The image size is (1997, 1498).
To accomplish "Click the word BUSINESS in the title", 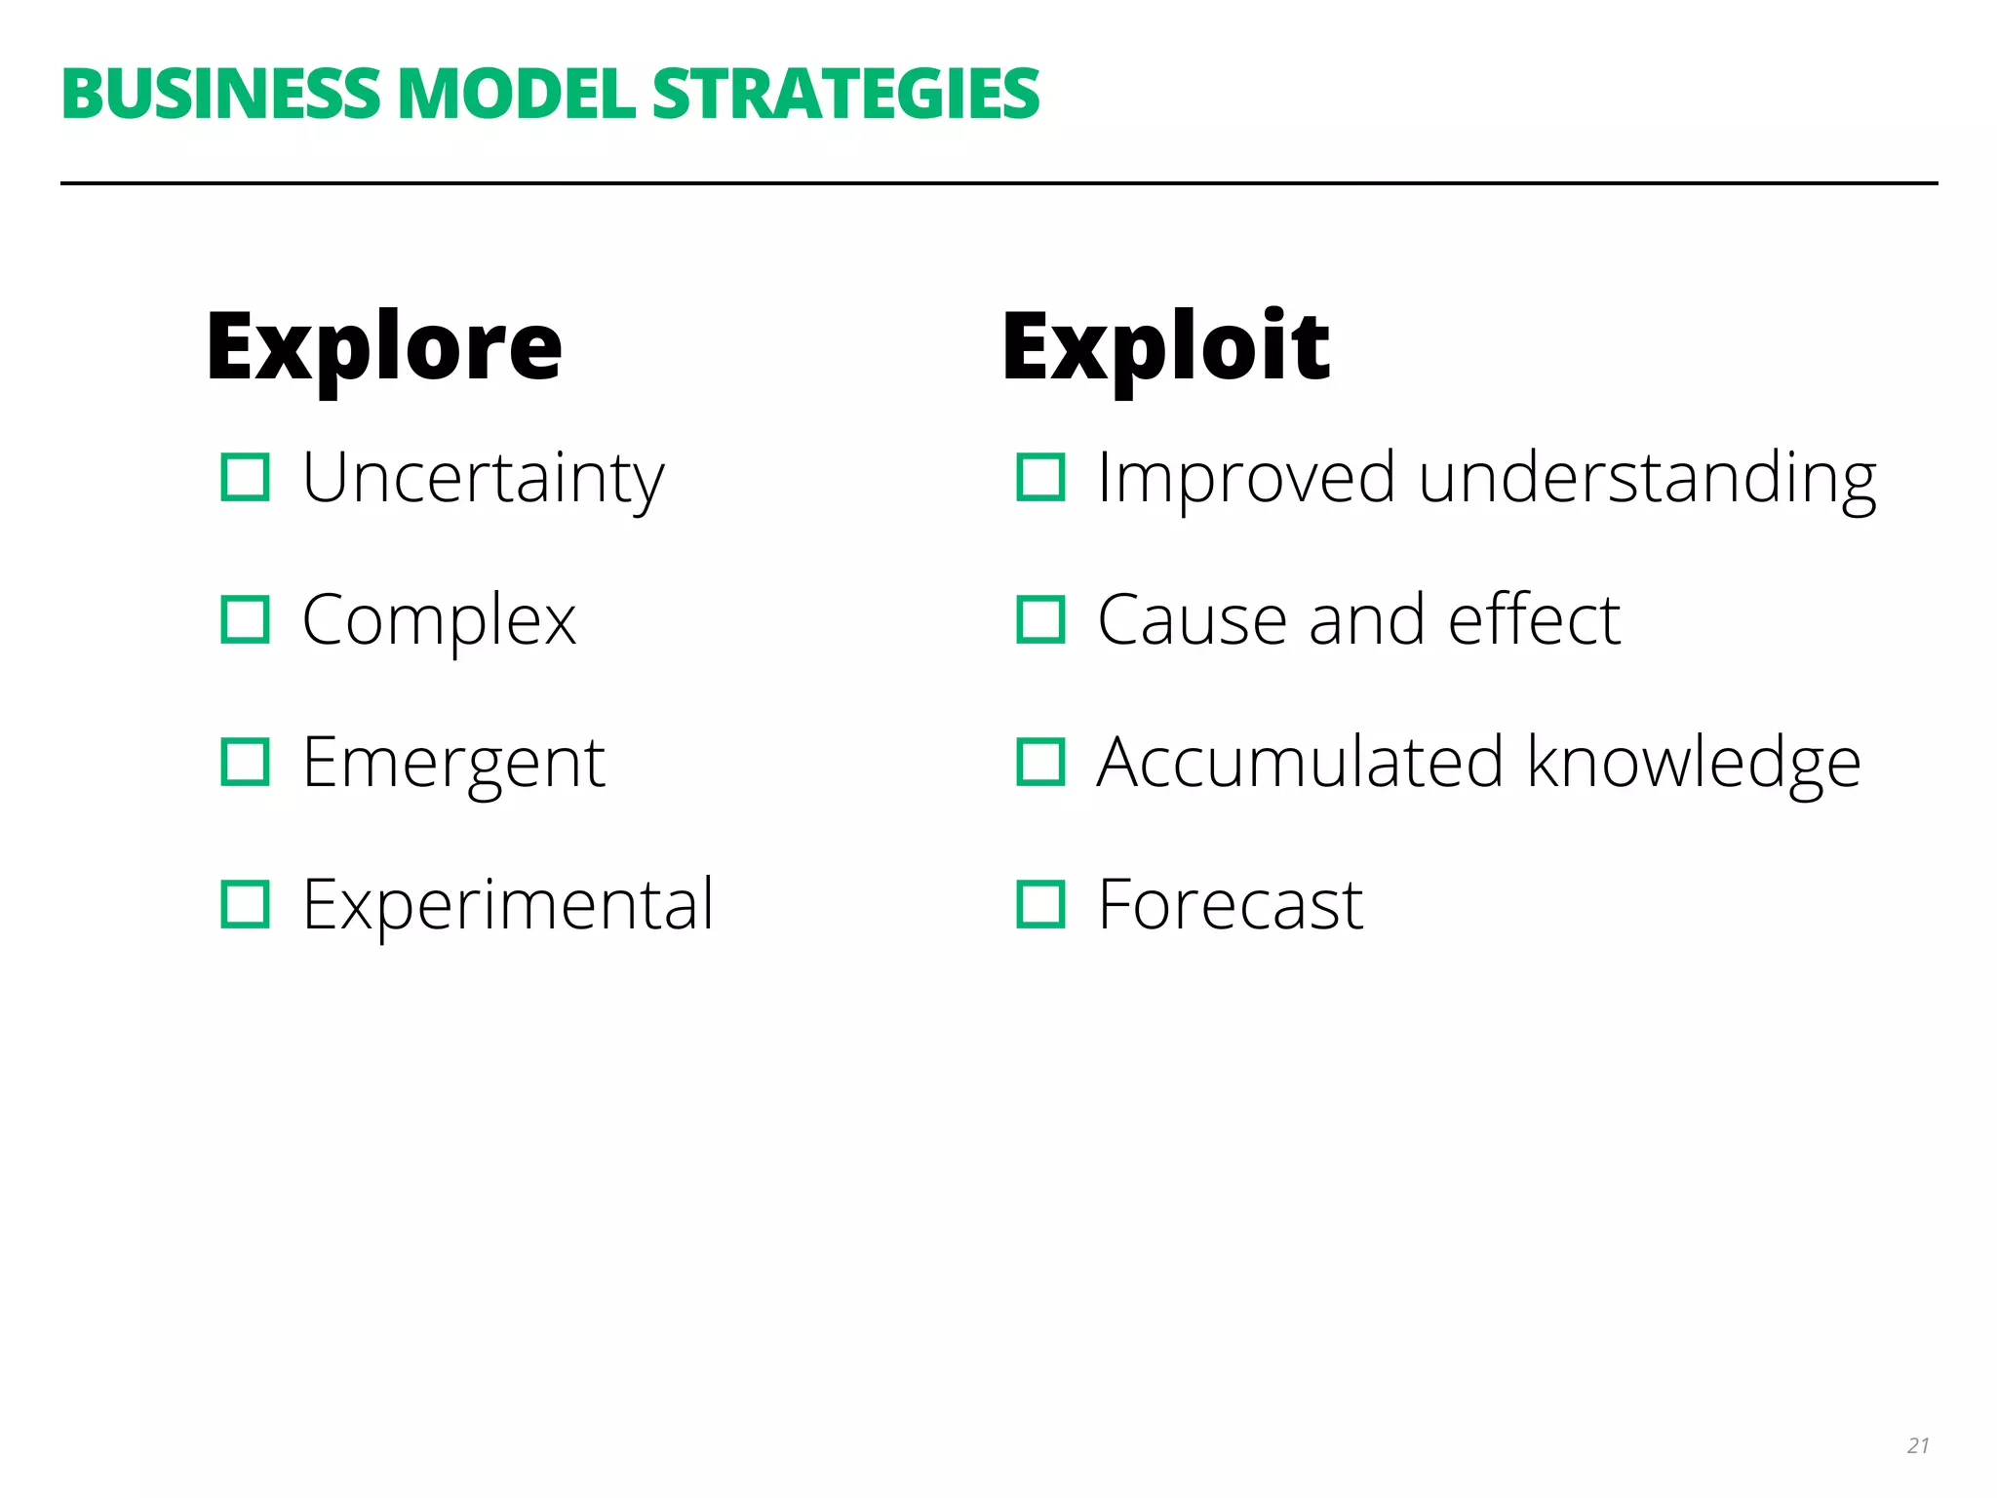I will [220, 95].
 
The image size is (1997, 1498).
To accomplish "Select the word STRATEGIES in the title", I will [845, 95].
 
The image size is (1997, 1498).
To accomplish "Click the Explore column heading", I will [384, 347].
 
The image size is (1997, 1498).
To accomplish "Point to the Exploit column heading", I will [1166, 347].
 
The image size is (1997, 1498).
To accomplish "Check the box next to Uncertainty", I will [245, 478].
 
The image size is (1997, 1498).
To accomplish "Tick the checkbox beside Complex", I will [245, 620].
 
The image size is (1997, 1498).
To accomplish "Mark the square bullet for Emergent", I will [245, 763].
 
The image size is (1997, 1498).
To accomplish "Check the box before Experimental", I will [245, 904].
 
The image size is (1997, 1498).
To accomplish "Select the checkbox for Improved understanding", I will [1040, 478].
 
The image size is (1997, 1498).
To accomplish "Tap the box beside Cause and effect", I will [1040, 620].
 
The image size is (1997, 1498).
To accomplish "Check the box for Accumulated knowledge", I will [1040, 763].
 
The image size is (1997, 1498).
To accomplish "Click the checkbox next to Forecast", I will [1040, 904].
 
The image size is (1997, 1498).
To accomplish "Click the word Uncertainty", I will [483, 478].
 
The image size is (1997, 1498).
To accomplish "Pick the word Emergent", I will [453, 763].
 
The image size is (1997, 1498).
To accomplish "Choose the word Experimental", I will [508, 904].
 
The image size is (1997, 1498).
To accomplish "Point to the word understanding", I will [1647, 478].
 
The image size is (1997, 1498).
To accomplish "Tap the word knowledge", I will [1694, 763].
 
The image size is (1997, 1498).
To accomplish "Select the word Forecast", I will [1230, 904].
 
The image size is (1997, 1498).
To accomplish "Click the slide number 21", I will [1918, 1445].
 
